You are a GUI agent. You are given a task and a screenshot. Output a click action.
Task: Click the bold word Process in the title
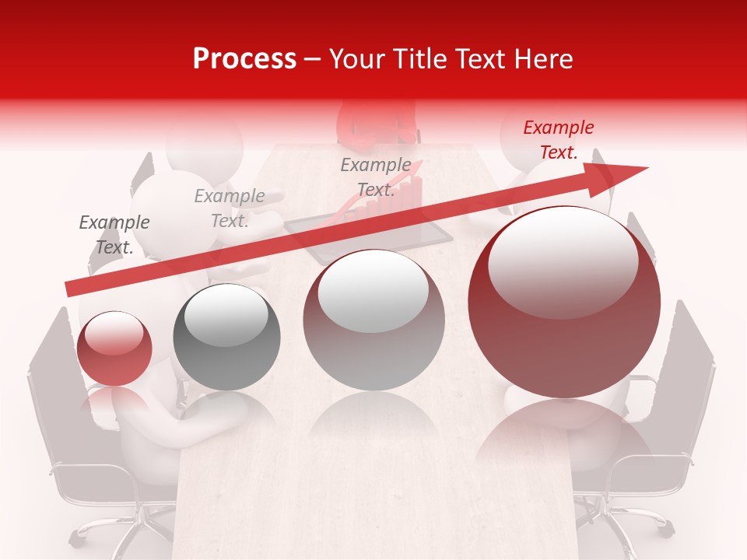pyautogui.click(x=244, y=59)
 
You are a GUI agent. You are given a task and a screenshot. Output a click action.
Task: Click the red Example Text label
pyautogui.click(x=558, y=140)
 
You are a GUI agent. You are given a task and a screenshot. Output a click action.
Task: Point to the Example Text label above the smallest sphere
pyautogui.click(x=114, y=235)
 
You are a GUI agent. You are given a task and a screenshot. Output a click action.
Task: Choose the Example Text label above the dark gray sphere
pyautogui.click(x=230, y=208)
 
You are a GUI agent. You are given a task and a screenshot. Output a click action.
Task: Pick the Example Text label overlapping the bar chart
pyautogui.click(x=376, y=177)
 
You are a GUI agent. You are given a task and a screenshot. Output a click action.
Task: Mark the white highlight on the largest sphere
pyautogui.click(x=563, y=261)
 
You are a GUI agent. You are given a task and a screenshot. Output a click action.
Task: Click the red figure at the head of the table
pyautogui.click(x=375, y=124)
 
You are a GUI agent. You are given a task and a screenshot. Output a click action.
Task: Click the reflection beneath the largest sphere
pyautogui.click(x=564, y=443)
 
